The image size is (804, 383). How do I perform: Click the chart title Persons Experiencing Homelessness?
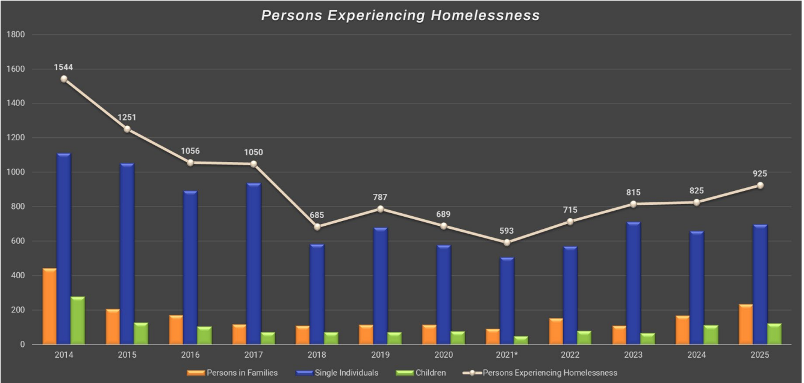pyautogui.click(x=400, y=16)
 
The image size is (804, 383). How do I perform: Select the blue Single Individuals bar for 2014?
pyautogui.click(x=64, y=249)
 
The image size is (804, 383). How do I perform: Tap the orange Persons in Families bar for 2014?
pyautogui.click(x=49, y=306)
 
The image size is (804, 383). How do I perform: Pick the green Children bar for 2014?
pyautogui.click(x=78, y=320)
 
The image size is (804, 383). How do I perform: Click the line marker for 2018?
pyautogui.click(x=317, y=227)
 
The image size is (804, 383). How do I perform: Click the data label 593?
pyautogui.click(x=506, y=231)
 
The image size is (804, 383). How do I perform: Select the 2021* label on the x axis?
pyautogui.click(x=506, y=355)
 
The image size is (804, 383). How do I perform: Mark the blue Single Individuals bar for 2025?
pyautogui.click(x=761, y=284)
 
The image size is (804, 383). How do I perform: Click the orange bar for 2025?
pyautogui.click(x=746, y=324)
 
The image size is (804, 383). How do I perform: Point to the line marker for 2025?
pyautogui.click(x=760, y=185)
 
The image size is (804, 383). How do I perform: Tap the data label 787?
pyautogui.click(x=380, y=197)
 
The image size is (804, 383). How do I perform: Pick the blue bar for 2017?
pyautogui.click(x=254, y=264)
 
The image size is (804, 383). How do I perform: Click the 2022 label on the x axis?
pyautogui.click(x=570, y=355)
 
